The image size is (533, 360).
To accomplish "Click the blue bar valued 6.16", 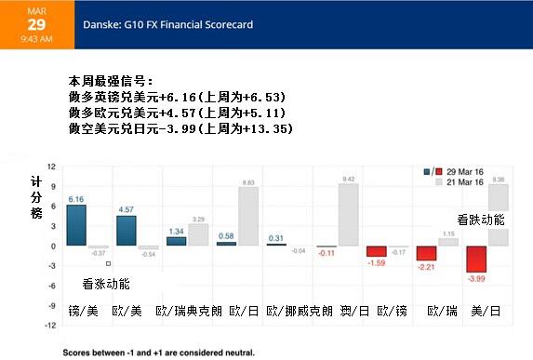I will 76,225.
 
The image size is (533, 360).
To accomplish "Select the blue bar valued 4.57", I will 127,231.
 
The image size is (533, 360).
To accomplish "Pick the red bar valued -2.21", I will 426,253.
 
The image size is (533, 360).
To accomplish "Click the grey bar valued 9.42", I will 349,215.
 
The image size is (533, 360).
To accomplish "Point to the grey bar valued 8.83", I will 248,217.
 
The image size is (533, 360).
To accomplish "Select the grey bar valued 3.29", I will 198,234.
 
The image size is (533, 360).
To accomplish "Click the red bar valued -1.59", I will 376,251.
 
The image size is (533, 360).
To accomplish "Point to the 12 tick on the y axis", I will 52,167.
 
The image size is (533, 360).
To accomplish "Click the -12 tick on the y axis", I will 51,326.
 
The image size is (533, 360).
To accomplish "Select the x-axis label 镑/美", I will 83,309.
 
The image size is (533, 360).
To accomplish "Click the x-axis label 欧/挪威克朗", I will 299,309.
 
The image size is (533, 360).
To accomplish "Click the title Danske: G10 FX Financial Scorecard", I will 167,24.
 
